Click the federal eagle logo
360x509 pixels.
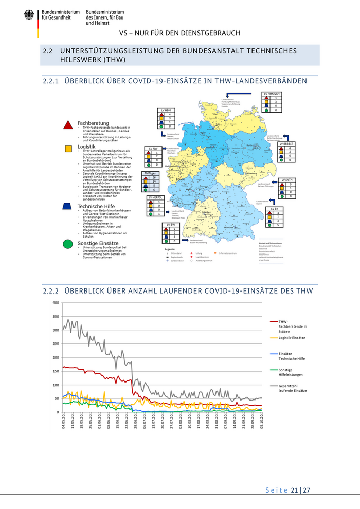tap(28, 15)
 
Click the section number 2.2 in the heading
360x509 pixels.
tap(48, 51)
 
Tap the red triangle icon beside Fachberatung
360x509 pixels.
tap(67, 124)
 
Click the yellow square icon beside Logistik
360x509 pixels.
tap(67, 148)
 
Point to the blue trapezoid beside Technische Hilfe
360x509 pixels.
tap(67, 206)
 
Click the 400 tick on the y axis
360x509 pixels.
tap(55, 302)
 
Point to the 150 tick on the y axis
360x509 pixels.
tap(55, 371)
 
